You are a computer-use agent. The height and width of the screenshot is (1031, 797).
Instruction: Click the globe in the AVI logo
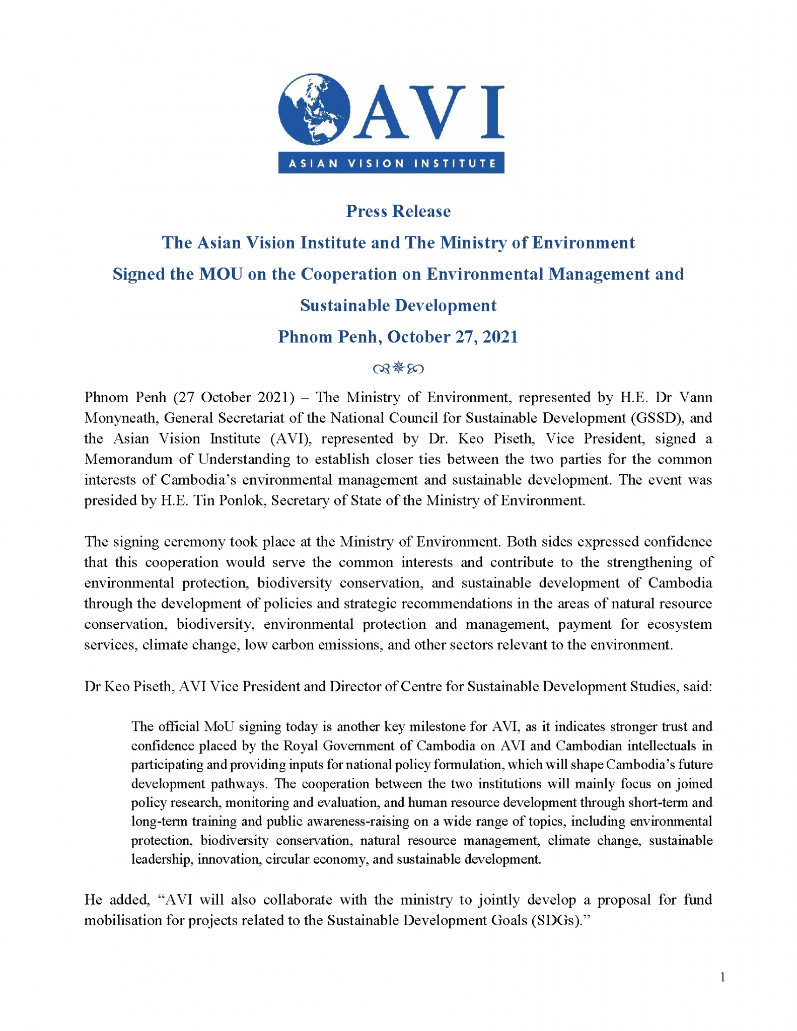314,109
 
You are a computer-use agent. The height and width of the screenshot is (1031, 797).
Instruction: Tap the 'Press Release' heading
398,211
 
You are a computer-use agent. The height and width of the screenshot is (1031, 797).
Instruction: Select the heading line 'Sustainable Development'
398,305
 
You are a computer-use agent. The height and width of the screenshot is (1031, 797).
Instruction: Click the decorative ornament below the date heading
398,368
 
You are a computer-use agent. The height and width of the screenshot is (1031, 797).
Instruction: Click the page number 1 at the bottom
722,978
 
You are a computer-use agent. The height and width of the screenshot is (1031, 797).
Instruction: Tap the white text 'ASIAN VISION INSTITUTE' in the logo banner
391,163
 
